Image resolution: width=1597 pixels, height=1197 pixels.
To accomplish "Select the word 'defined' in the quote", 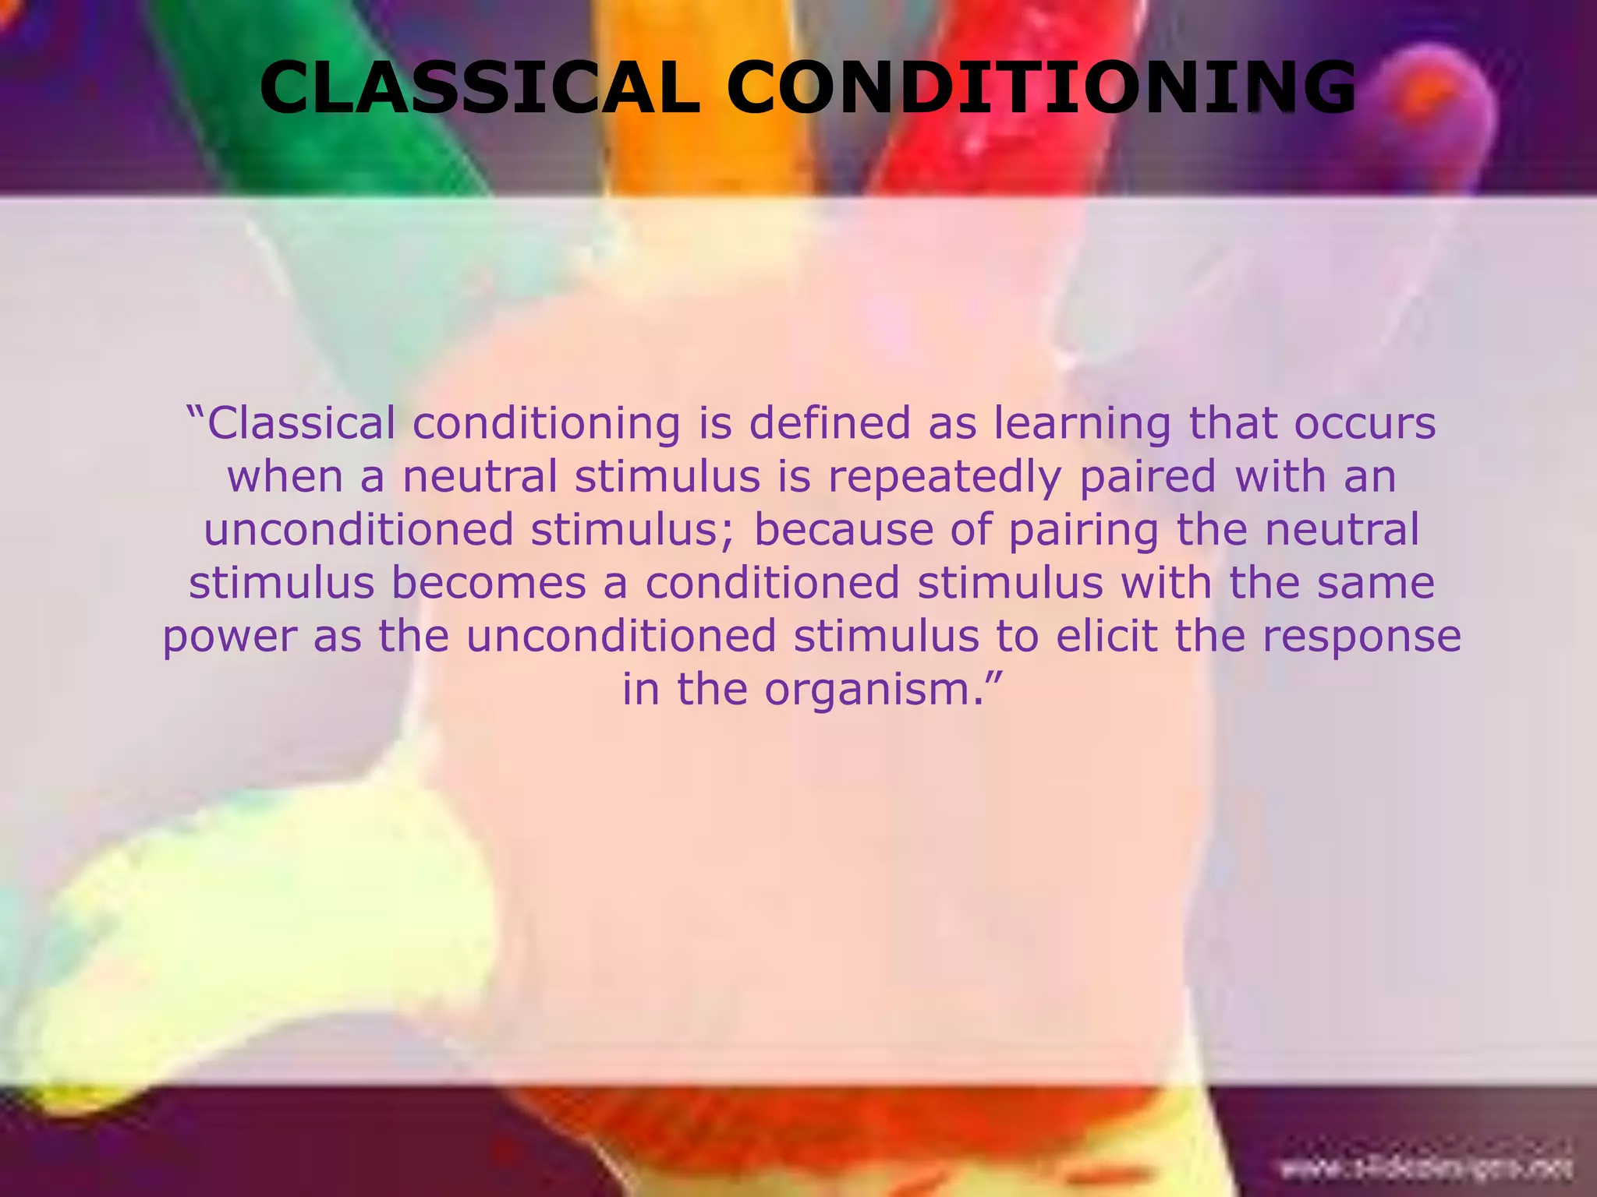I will (829, 424).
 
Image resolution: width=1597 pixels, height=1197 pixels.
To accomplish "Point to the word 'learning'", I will (1082, 425).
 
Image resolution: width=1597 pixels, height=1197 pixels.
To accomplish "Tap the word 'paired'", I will (1148, 477).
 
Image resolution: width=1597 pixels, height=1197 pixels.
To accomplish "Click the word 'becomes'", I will (488, 583).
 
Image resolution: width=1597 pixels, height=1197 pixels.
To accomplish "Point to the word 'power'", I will (229, 637).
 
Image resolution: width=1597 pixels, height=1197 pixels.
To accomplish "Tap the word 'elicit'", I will (1107, 636).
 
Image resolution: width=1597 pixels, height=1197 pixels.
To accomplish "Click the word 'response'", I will (1362, 637).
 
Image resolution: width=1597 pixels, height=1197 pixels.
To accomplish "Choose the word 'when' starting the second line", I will (285, 477).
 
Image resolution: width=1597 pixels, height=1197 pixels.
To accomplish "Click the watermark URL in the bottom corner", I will (1426, 1168).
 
